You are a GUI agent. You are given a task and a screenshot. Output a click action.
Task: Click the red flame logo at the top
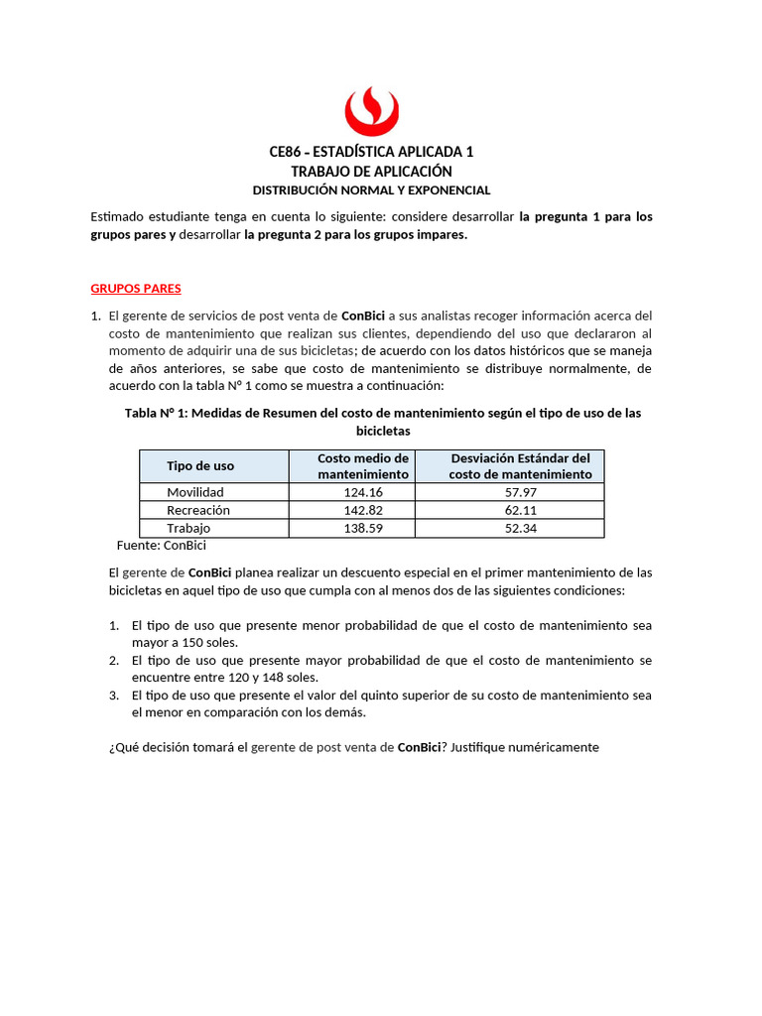pos(371,110)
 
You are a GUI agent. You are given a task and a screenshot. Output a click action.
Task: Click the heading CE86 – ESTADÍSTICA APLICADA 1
pos(371,152)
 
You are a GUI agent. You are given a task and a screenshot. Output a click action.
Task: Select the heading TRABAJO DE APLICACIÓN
pos(371,171)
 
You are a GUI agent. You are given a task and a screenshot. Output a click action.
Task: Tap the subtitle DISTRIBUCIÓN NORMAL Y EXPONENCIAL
pos(371,190)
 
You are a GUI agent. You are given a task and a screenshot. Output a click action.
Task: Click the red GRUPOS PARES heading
pos(136,289)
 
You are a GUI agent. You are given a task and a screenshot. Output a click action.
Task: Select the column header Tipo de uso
pos(200,466)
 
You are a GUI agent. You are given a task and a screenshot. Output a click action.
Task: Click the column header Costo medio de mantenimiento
pos(363,466)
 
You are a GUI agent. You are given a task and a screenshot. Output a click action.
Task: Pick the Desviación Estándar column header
pos(520,466)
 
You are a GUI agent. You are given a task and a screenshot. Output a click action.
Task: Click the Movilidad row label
pos(195,492)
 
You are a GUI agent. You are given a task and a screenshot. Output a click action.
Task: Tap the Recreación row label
pos(198,510)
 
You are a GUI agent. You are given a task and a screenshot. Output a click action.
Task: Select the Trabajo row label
pos(189,529)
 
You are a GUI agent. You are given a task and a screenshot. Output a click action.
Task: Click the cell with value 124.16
pos(363,492)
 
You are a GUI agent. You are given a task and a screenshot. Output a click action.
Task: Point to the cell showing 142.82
pos(363,510)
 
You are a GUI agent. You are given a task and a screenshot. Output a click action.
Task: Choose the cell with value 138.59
pos(363,529)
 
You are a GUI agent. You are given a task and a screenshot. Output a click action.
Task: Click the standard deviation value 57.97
pos(520,492)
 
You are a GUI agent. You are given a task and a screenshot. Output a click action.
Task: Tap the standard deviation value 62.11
pos(520,510)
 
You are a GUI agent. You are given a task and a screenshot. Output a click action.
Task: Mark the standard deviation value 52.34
pos(520,529)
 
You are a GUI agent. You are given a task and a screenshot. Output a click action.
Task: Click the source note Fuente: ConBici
pos(161,545)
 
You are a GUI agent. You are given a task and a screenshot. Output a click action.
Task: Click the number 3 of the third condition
pos(113,696)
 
